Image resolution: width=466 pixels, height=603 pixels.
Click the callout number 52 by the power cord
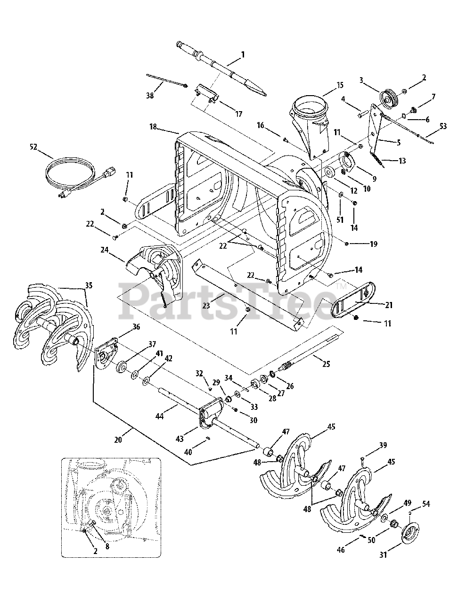click(33, 147)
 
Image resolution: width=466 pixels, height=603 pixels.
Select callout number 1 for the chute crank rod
click(243, 55)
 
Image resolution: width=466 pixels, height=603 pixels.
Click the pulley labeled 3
click(389, 98)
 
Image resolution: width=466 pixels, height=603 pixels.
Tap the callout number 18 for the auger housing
click(153, 127)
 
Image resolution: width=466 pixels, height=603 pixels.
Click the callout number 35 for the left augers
click(89, 285)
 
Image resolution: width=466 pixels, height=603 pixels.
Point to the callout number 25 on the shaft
click(326, 364)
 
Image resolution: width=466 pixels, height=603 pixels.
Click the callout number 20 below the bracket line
click(118, 440)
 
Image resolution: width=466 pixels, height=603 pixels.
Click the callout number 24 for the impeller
click(104, 250)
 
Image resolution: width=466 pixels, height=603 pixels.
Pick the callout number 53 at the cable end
click(443, 126)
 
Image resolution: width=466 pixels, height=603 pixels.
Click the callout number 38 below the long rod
click(150, 96)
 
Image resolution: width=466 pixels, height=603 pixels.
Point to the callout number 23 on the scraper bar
click(206, 306)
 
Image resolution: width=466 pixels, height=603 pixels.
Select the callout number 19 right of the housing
click(374, 244)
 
